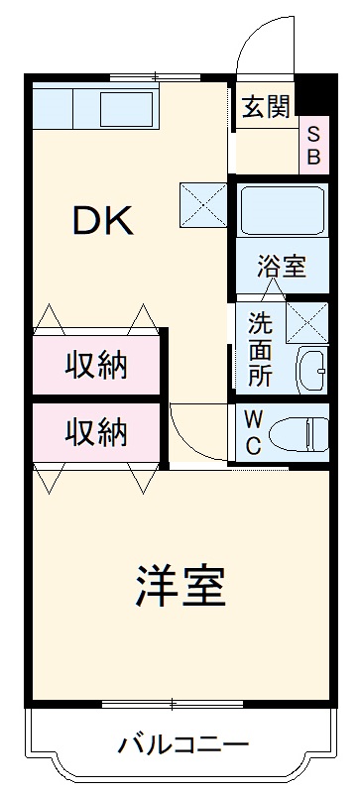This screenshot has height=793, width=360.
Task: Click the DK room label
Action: [x=102, y=220]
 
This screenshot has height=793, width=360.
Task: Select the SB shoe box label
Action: [x=313, y=145]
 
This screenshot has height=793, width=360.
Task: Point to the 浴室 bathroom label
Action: [x=282, y=266]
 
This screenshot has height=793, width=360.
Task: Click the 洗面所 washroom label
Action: [x=260, y=349]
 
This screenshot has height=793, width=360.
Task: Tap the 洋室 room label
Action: [x=181, y=587]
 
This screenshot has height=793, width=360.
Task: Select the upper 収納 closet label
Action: [x=96, y=366]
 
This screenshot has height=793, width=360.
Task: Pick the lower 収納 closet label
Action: [x=96, y=431]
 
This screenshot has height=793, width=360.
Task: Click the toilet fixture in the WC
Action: [x=303, y=433]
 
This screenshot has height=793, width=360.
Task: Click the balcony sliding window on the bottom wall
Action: [x=174, y=704]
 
